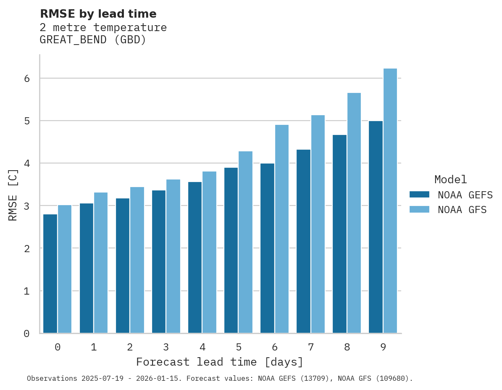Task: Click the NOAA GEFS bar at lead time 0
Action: pos(50,274)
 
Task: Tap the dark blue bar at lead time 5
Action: pos(231,250)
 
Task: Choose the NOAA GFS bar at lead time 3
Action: pos(173,256)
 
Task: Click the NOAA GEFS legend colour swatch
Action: pos(419,195)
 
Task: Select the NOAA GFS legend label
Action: pos(462,210)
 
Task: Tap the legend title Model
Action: pos(451,179)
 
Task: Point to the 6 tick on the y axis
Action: pos(26,79)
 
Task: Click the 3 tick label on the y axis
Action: pos(26,206)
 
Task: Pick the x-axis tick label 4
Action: pos(202,347)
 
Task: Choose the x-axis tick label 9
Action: pos(383,347)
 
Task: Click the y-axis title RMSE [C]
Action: pos(13,194)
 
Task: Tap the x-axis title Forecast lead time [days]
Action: pos(220,362)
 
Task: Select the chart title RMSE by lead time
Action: pos(98,14)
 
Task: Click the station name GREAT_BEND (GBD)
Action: pos(93,40)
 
